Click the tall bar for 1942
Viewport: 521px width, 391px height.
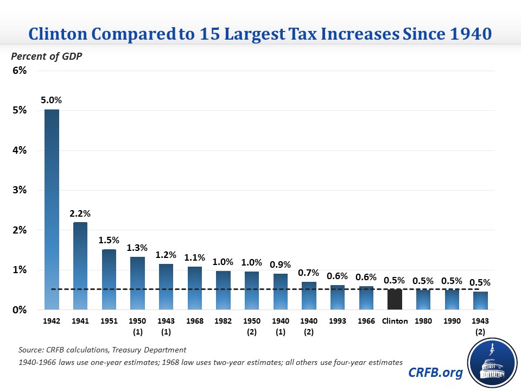coord(52,209)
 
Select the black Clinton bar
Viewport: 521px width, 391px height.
coord(395,299)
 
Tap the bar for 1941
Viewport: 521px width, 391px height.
coord(80,266)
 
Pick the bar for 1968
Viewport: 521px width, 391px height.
coord(195,288)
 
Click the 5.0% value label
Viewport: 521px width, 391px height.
coord(51,100)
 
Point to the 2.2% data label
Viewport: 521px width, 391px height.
coord(80,213)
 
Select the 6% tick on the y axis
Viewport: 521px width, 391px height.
coord(20,71)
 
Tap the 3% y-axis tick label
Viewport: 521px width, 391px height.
coord(20,190)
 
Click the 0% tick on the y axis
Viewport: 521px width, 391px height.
coord(20,310)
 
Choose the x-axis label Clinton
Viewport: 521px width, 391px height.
coord(395,321)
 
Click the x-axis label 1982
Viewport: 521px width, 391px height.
coord(223,321)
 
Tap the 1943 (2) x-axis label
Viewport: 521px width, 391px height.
coord(480,325)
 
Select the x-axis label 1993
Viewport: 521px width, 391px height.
coord(338,321)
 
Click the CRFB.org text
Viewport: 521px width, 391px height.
coord(436,373)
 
